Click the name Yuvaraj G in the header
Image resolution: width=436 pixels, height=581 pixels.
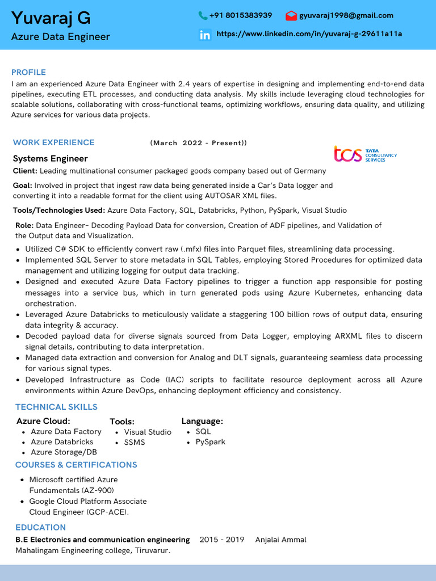click(51, 18)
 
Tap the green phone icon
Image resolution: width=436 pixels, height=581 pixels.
click(203, 16)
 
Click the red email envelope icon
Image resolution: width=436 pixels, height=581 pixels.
click(291, 16)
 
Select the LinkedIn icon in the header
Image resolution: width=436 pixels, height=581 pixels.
click(205, 35)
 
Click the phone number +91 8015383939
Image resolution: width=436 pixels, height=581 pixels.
click(241, 15)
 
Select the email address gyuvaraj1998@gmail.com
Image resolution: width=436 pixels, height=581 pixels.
click(346, 15)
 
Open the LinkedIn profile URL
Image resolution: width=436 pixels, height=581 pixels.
click(309, 34)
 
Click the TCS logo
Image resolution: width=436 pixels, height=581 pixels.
click(365, 154)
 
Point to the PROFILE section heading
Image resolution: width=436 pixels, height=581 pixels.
click(28, 72)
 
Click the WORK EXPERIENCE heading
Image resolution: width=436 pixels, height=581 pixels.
click(54, 142)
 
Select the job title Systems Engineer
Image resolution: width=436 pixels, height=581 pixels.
click(51, 158)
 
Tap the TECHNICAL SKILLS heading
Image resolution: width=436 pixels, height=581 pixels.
click(56, 407)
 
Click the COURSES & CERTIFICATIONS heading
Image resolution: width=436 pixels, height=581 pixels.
click(76, 465)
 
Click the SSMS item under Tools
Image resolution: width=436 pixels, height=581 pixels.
click(135, 442)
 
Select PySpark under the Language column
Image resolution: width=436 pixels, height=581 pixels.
click(210, 441)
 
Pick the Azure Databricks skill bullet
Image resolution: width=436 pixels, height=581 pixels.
click(62, 441)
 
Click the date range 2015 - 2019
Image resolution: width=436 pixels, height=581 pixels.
click(221, 540)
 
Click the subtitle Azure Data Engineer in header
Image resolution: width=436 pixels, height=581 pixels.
click(61, 37)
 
